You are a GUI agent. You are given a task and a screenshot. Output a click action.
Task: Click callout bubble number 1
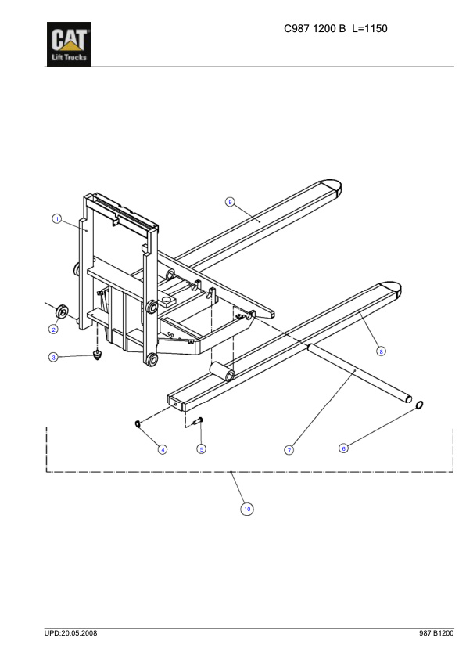(x=57, y=218)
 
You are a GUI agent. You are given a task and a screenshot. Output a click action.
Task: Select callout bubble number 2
(x=55, y=329)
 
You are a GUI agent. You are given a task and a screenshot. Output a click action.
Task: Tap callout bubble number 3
(x=53, y=357)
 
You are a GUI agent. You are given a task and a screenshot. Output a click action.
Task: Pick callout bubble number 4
(x=163, y=449)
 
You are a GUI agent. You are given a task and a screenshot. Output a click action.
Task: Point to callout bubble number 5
(x=202, y=449)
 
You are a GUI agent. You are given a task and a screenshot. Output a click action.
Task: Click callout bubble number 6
(x=343, y=448)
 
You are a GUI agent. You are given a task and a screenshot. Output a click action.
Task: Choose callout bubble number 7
(x=289, y=450)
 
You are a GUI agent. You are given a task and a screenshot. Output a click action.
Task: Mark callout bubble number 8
(x=382, y=351)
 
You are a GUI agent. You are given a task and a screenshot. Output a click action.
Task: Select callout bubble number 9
(x=230, y=202)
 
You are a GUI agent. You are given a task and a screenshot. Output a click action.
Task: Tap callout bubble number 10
(x=247, y=509)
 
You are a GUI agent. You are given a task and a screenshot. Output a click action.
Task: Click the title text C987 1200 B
(x=314, y=29)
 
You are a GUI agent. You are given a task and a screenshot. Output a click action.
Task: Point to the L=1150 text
(x=371, y=29)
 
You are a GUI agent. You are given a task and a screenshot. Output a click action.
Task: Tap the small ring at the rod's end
(x=419, y=405)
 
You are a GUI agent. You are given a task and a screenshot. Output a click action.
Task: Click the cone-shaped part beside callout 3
(x=97, y=355)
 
